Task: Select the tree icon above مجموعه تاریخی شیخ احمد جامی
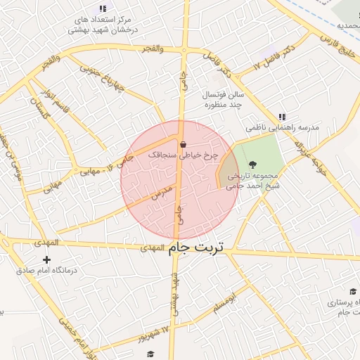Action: tap(253, 165)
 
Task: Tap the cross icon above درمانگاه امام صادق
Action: tap(47, 260)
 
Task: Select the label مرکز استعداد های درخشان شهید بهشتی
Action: tap(103, 25)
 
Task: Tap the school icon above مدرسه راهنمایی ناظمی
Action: tap(282, 117)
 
